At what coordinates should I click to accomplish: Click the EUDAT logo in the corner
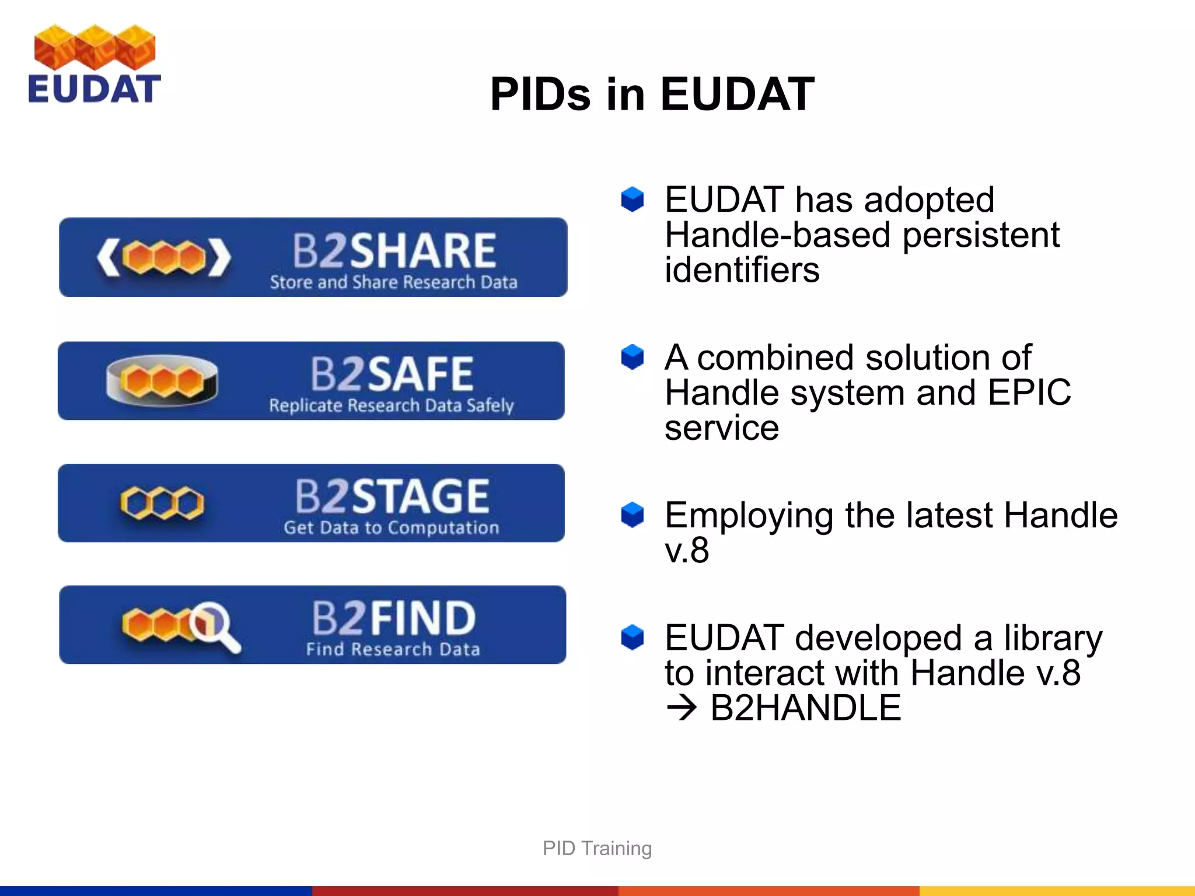(x=94, y=64)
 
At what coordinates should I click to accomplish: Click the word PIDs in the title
(x=540, y=94)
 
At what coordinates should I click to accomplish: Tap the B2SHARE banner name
(x=394, y=250)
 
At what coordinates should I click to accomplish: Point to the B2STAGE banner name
(x=392, y=496)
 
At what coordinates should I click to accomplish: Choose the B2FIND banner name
(x=394, y=618)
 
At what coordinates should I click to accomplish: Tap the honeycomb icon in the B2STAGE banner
(x=162, y=503)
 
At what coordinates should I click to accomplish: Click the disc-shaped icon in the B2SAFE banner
(x=162, y=380)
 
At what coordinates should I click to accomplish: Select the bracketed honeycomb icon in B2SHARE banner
(x=164, y=257)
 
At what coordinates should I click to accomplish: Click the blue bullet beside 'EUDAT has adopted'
(x=632, y=199)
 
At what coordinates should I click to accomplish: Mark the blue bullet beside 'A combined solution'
(x=632, y=357)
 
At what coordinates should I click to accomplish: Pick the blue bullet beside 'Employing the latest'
(x=632, y=514)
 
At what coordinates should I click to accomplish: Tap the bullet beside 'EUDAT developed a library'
(x=632, y=637)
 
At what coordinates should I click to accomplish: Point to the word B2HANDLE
(x=805, y=708)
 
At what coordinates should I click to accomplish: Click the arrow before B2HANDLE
(x=682, y=708)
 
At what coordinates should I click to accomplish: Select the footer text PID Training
(x=597, y=848)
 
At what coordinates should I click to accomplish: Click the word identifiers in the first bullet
(x=742, y=270)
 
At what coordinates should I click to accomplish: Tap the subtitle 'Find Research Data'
(x=393, y=649)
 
